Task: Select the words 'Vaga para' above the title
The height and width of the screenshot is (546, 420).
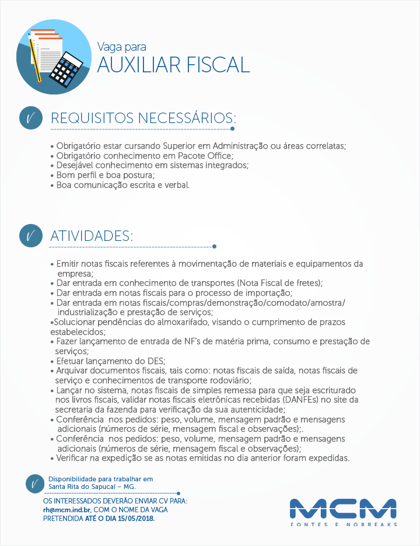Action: [x=121, y=46]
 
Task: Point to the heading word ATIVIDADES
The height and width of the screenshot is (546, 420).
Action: [x=92, y=236]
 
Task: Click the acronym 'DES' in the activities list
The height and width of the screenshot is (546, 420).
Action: [x=155, y=360]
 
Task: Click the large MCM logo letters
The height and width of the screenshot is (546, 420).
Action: [x=343, y=508]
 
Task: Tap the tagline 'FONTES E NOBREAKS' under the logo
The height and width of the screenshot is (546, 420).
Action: [x=344, y=524]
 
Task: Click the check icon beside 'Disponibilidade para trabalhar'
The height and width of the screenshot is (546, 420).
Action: [x=34, y=484]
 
